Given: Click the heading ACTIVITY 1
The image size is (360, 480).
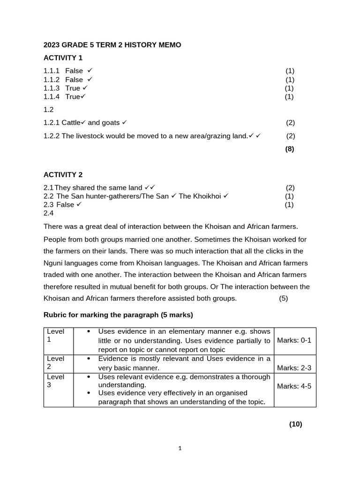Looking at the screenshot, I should tap(63, 58).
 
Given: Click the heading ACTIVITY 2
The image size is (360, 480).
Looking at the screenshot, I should tap(63, 174).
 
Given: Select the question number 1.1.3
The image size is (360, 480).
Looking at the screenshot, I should tap(52, 88).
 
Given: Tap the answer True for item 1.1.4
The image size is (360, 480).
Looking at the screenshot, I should tap(73, 97).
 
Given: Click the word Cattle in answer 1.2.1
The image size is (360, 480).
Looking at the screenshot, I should tap(71, 122).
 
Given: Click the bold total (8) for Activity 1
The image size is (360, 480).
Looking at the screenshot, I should tap(290, 149).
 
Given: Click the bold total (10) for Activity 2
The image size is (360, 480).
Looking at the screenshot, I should tap(295, 424).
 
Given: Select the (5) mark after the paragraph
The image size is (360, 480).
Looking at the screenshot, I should tap(283, 298).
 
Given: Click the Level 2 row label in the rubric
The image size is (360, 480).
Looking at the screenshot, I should tap(56, 363).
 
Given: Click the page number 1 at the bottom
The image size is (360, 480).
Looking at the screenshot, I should tap(180, 449).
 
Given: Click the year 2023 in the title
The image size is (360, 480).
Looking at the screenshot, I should tap(52, 45).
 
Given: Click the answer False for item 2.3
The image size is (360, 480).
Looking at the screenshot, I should tap(65, 204).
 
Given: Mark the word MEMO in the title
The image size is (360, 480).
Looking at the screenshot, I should tap(171, 45).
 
